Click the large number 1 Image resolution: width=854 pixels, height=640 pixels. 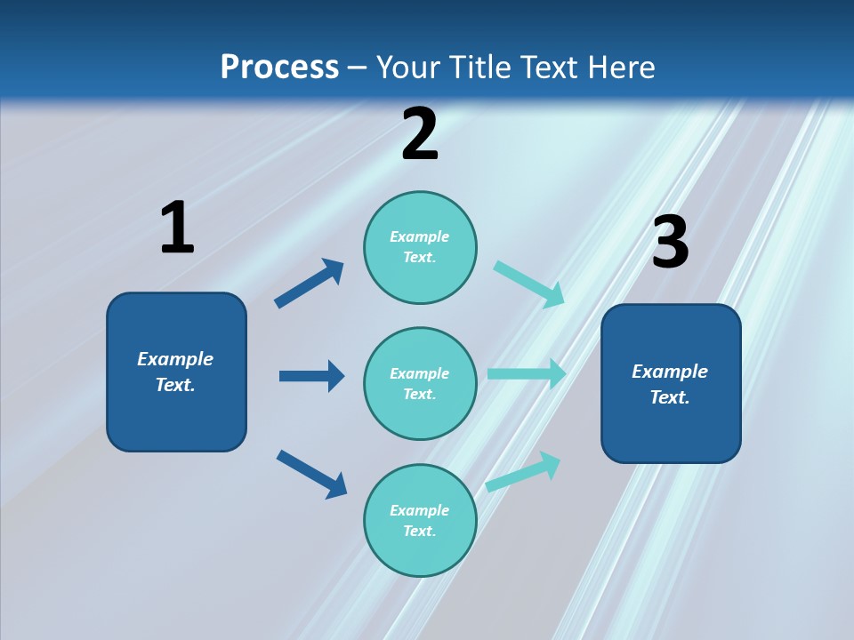177,228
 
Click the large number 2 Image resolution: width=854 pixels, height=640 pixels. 420,135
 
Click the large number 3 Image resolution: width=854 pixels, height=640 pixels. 670,243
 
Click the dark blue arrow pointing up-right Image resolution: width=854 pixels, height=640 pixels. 309,284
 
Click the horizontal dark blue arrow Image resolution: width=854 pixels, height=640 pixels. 311,376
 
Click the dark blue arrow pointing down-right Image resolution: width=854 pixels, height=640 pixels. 311,473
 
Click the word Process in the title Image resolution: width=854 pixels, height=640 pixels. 279,67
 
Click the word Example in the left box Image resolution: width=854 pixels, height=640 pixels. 175,359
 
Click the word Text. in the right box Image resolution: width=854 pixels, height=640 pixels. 670,397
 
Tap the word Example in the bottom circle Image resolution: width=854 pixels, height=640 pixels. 420,510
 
